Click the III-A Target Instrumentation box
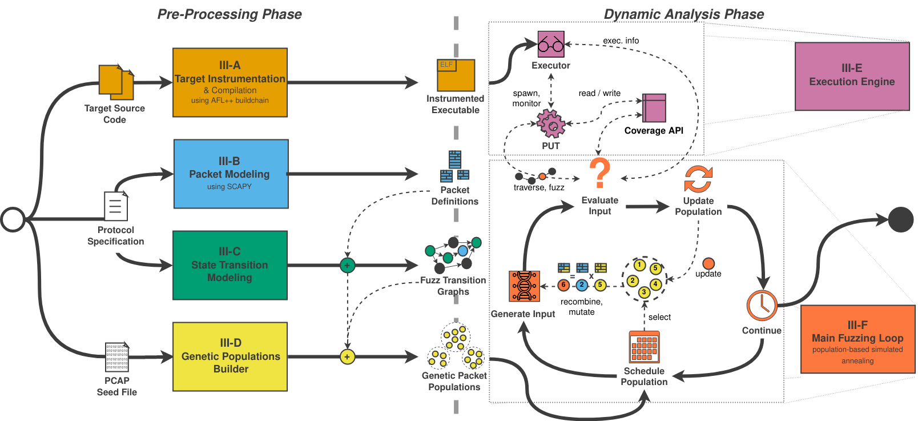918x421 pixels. pyautogui.click(x=230, y=82)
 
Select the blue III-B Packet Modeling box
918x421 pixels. pyautogui.click(x=231, y=174)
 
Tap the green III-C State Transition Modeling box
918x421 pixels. pyautogui.click(x=230, y=265)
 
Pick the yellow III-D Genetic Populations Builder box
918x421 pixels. pyautogui.click(x=230, y=356)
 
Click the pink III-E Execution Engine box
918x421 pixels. pyautogui.click(x=852, y=76)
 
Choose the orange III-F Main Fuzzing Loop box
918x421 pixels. pyautogui.click(x=857, y=339)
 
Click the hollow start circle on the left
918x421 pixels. pyautogui.click(x=13, y=219)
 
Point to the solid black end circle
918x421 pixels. pyautogui.click(x=901, y=219)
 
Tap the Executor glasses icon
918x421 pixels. pyautogui.click(x=551, y=44)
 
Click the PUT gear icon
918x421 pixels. pyautogui.click(x=551, y=123)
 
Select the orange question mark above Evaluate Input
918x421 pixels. pyautogui.click(x=599, y=173)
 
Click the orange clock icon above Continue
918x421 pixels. pyautogui.click(x=762, y=306)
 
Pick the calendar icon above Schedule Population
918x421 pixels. pyautogui.click(x=644, y=347)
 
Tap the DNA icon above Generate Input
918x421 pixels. pyautogui.click(x=524, y=286)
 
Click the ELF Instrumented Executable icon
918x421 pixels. pyautogui.click(x=456, y=75)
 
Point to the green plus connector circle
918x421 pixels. pyautogui.click(x=347, y=265)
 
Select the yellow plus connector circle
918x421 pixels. pyautogui.click(x=347, y=357)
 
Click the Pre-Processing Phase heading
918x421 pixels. pyautogui.click(x=230, y=14)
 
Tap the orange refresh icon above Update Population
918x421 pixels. pyautogui.click(x=698, y=179)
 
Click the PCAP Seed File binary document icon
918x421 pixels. pyautogui.click(x=117, y=357)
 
